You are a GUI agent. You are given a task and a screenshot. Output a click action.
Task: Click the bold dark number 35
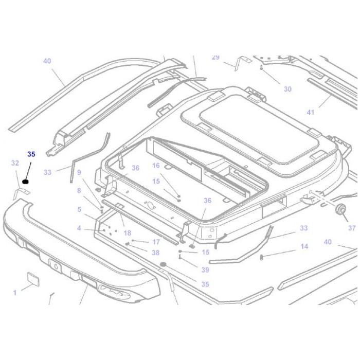(x=31, y=154)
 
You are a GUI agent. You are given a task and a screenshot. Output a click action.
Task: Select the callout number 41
(x=310, y=112)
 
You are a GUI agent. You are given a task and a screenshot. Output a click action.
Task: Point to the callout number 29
(x=215, y=57)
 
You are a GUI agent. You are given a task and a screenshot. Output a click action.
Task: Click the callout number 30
(x=287, y=89)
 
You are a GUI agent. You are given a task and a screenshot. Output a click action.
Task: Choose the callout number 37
(x=351, y=228)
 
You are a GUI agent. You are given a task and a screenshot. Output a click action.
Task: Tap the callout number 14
(x=304, y=246)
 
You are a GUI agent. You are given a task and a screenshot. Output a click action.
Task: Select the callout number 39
(x=205, y=270)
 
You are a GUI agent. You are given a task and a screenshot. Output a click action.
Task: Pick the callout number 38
(x=156, y=253)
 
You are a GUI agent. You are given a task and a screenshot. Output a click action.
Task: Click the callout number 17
(x=156, y=242)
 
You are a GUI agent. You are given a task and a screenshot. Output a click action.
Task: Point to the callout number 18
(x=127, y=233)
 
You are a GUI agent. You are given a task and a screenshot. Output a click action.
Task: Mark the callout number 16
(x=156, y=166)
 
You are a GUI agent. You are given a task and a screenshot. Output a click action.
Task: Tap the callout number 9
(x=79, y=172)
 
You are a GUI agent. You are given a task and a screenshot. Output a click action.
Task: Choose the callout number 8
(x=79, y=191)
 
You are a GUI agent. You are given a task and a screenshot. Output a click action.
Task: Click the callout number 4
(x=79, y=228)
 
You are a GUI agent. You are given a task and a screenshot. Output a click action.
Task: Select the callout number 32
(x=15, y=163)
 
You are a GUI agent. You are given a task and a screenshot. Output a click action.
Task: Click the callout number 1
(x=15, y=293)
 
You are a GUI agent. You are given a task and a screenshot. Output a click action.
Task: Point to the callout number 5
(x=79, y=209)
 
